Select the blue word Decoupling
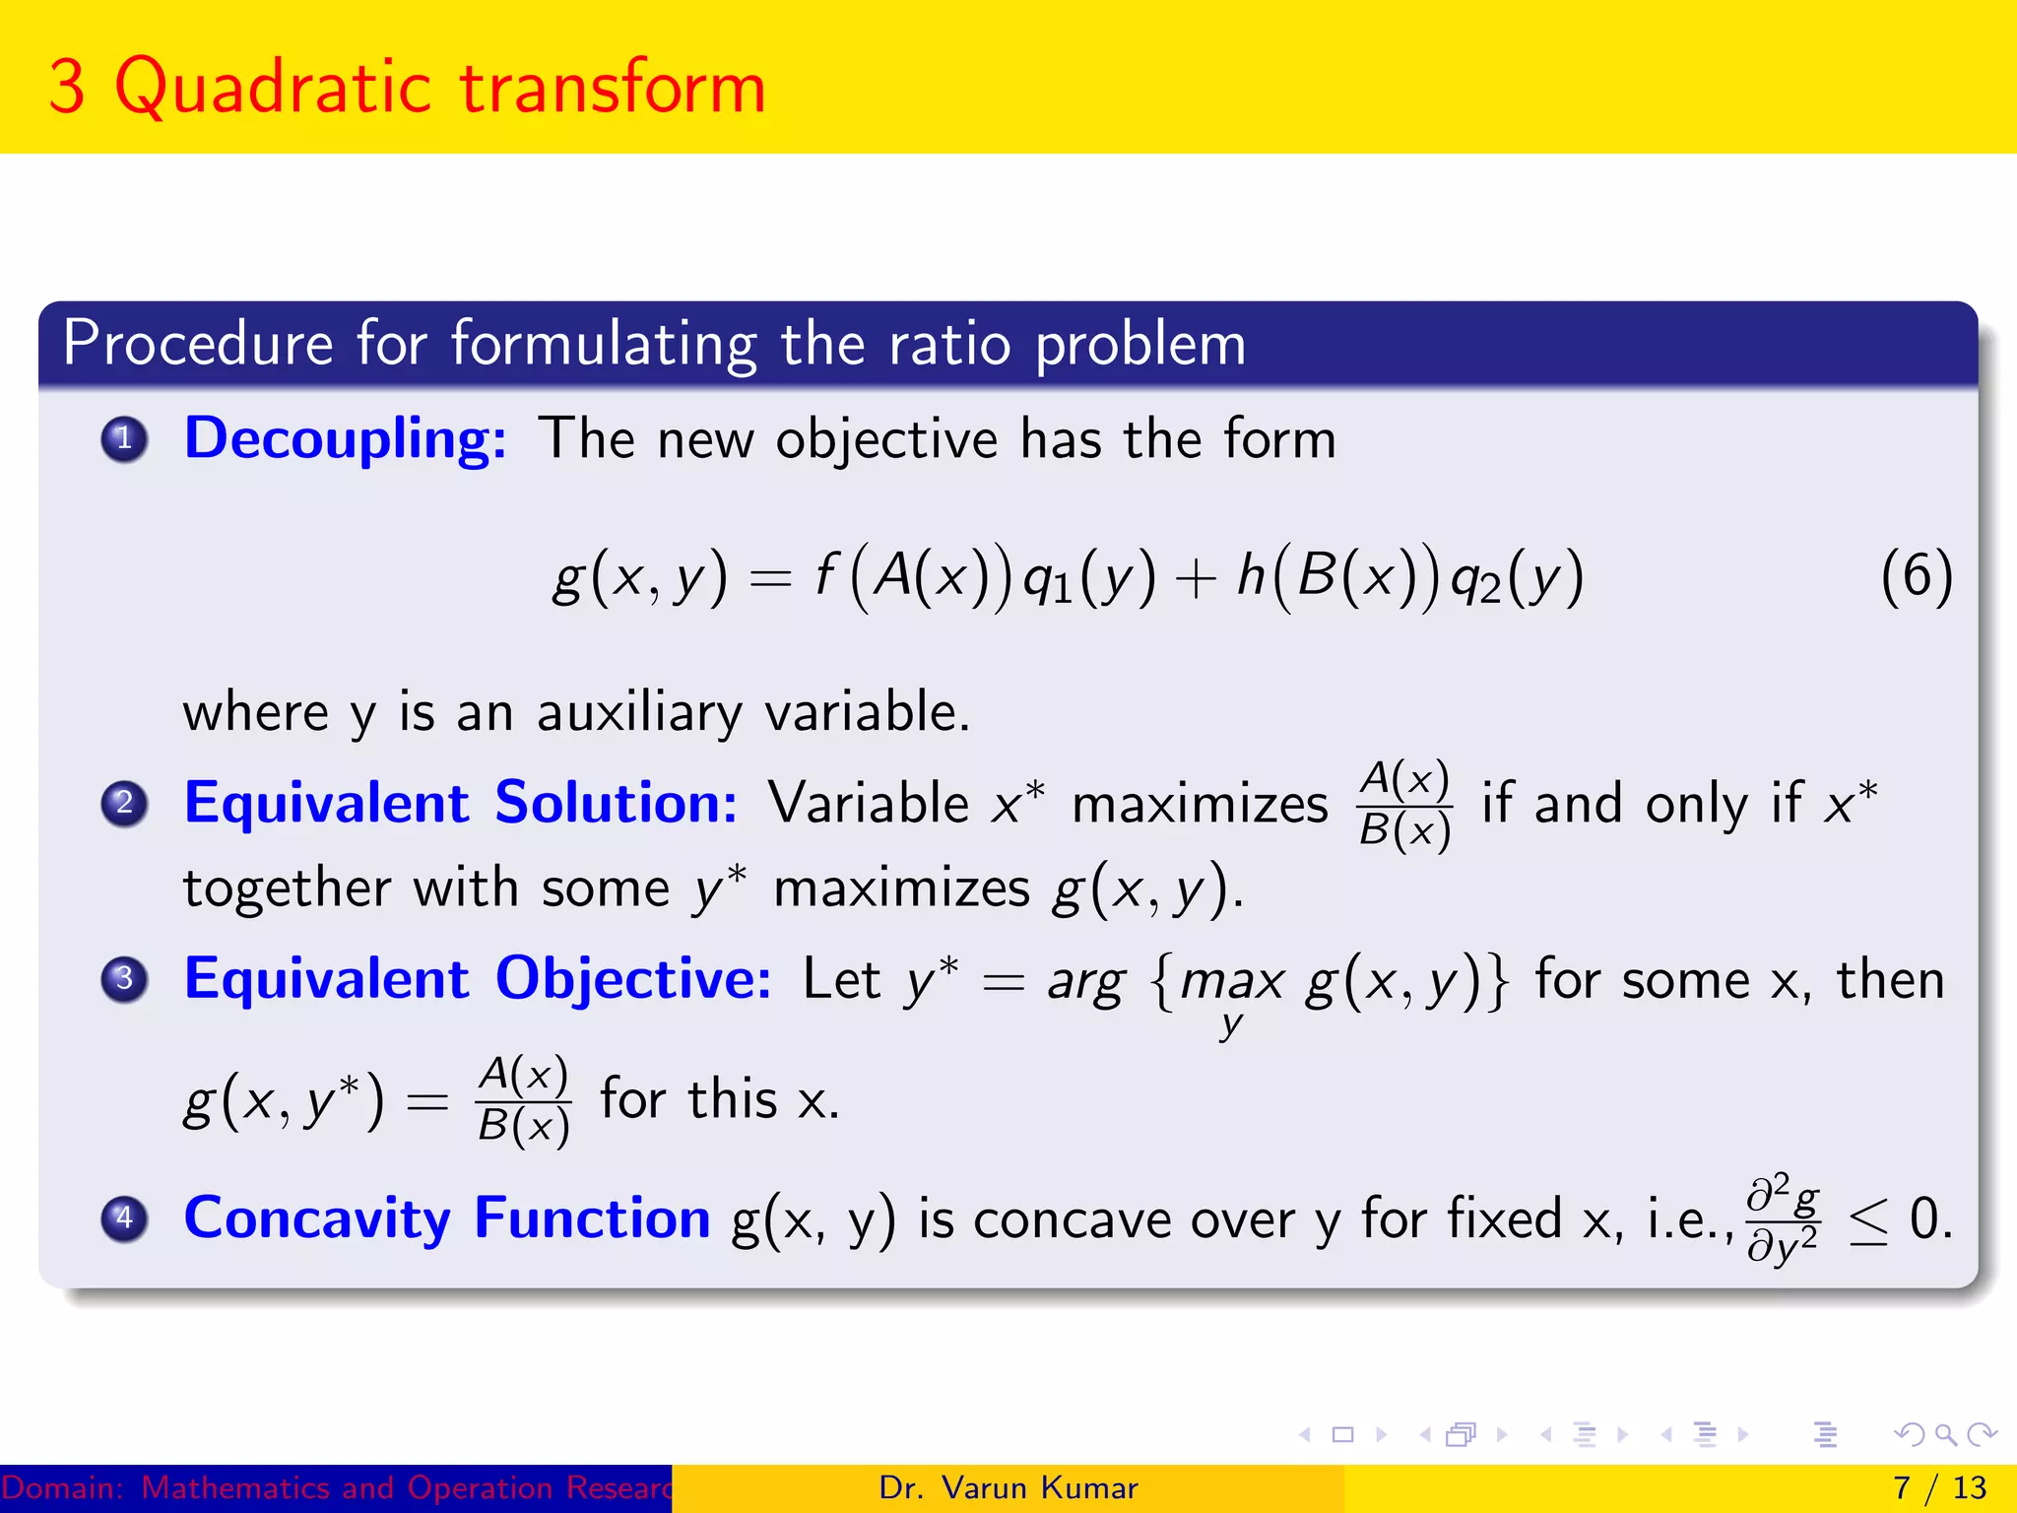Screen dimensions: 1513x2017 tap(345, 438)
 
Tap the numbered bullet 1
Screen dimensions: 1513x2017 tap(124, 438)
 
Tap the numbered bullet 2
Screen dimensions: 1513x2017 tap(124, 803)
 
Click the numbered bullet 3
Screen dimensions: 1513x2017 tap(124, 978)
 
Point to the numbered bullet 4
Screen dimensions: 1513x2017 tap(124, 1217)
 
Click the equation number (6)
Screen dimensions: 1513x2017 tap(1916, 576)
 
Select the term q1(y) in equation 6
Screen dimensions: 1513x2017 tap(1088, 578)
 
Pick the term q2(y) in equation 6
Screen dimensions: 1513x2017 tap(1517, 578)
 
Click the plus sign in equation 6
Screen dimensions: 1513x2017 tap(1196, 579)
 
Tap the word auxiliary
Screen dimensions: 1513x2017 tap(639, 712)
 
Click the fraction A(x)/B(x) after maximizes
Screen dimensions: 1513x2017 tap(1403, 805)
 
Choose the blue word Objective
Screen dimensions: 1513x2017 tap(632, 979)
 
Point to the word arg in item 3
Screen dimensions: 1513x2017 tap(1085, 983)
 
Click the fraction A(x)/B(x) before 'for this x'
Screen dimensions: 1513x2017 tap(523, 1099)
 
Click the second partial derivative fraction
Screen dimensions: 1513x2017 tap(1783, 1217)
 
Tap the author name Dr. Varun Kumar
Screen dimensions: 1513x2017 tap(1008, 1487)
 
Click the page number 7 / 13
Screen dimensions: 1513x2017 tap(1939, 1487)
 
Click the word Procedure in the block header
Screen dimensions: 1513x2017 tap(198, 344)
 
